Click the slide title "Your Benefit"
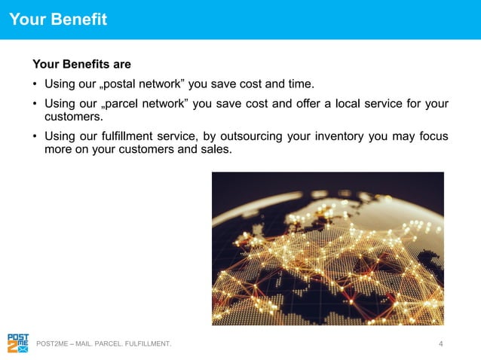(58, 20)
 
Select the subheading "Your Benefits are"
(81, 65)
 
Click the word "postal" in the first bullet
(125, 83)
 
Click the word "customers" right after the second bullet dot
(72, 117)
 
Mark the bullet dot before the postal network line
(35, 83)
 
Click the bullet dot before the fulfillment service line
(35, 136)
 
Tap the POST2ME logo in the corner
(18, 343)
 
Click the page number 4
(440, 344)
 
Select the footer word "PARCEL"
(114, 345)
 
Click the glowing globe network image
(327, 249)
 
